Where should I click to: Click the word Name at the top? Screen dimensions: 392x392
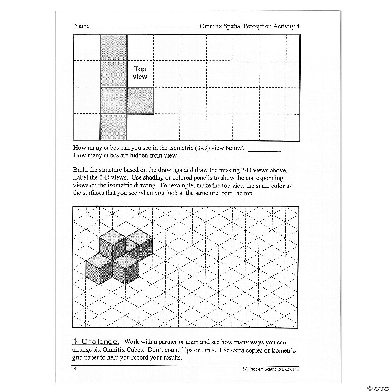(x=82, y=26)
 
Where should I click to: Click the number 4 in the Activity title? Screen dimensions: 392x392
(x=298, y=26)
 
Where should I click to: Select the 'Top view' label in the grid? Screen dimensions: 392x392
(x=140, y=73)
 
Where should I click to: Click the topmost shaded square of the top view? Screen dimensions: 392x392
(x=114, y=47)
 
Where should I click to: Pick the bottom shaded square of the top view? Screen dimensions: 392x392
(x=114, y=127)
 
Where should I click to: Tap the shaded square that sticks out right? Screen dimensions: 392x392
(x=140, y=101)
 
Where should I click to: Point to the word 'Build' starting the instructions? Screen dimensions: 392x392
(x=80, y=170)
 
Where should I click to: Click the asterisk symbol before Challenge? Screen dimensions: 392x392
(x=76, y=341)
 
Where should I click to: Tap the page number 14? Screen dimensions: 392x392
(x=74, y=368)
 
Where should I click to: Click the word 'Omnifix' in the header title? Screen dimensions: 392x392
(x=210, y=26)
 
